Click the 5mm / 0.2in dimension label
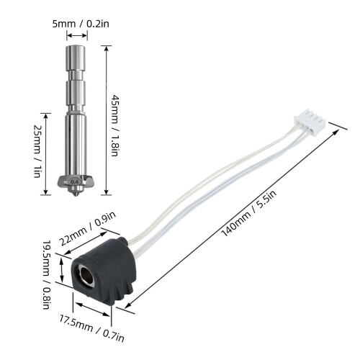coord(81,24)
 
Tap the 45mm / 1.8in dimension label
coord(114,125)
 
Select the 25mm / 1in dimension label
coord(37,151)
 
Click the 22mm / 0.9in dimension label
coord(87,228)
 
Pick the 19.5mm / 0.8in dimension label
coord(46,274)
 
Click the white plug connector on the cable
coord(310,122)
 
